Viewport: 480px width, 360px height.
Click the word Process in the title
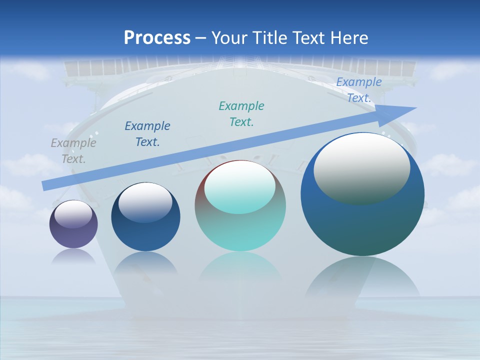pyautogui.click(x=157, y=38)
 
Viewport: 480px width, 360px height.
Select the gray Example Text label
pyautogui.click(x=73, y=151)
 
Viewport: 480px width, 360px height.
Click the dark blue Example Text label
pyautogui.click(x=147, y=134)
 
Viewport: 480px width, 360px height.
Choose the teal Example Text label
pyautogui.click(x=241, y=114)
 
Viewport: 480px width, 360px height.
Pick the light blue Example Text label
pyautogui.click(x=359, y=90)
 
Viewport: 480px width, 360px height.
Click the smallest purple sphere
pyautogui.click(x=73, y=235)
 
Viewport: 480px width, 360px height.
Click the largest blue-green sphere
pyautogui.click(x=362, y=225)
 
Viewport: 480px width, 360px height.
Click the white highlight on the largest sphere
pyautogui.click(x=362, y=167)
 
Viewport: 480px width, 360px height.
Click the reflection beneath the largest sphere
pyautogui.click(x=362, y=280)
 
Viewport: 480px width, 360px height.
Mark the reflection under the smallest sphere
pyautogui.click(x=73, y=256)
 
